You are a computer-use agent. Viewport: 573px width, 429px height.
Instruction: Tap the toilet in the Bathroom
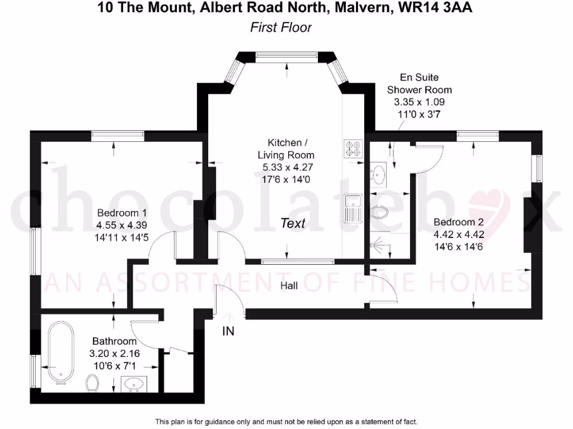click(93, 383)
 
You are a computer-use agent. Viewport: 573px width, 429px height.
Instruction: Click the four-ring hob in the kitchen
click(353, 148)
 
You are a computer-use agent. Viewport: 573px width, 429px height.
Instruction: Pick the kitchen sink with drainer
click(353, 208)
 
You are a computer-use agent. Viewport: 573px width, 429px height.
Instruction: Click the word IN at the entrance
click(228, 331)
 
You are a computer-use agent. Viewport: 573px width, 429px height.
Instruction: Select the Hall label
click(289, 286)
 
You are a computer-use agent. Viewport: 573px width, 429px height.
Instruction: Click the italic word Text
click(293, 223)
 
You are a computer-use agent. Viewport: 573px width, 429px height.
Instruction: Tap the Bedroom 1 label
click(122, 213)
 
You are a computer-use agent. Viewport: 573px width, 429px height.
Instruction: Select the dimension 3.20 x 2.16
click(114, 354)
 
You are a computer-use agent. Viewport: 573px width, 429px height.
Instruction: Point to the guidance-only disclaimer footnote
click(286, 422)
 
